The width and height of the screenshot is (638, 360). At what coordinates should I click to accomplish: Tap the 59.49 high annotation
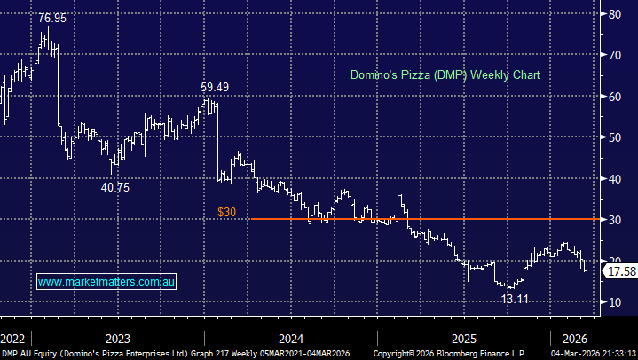(213, 87)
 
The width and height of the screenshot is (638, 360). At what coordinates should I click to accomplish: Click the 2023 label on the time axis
(117, 338)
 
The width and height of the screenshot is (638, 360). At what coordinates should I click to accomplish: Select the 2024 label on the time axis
(291, 338)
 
